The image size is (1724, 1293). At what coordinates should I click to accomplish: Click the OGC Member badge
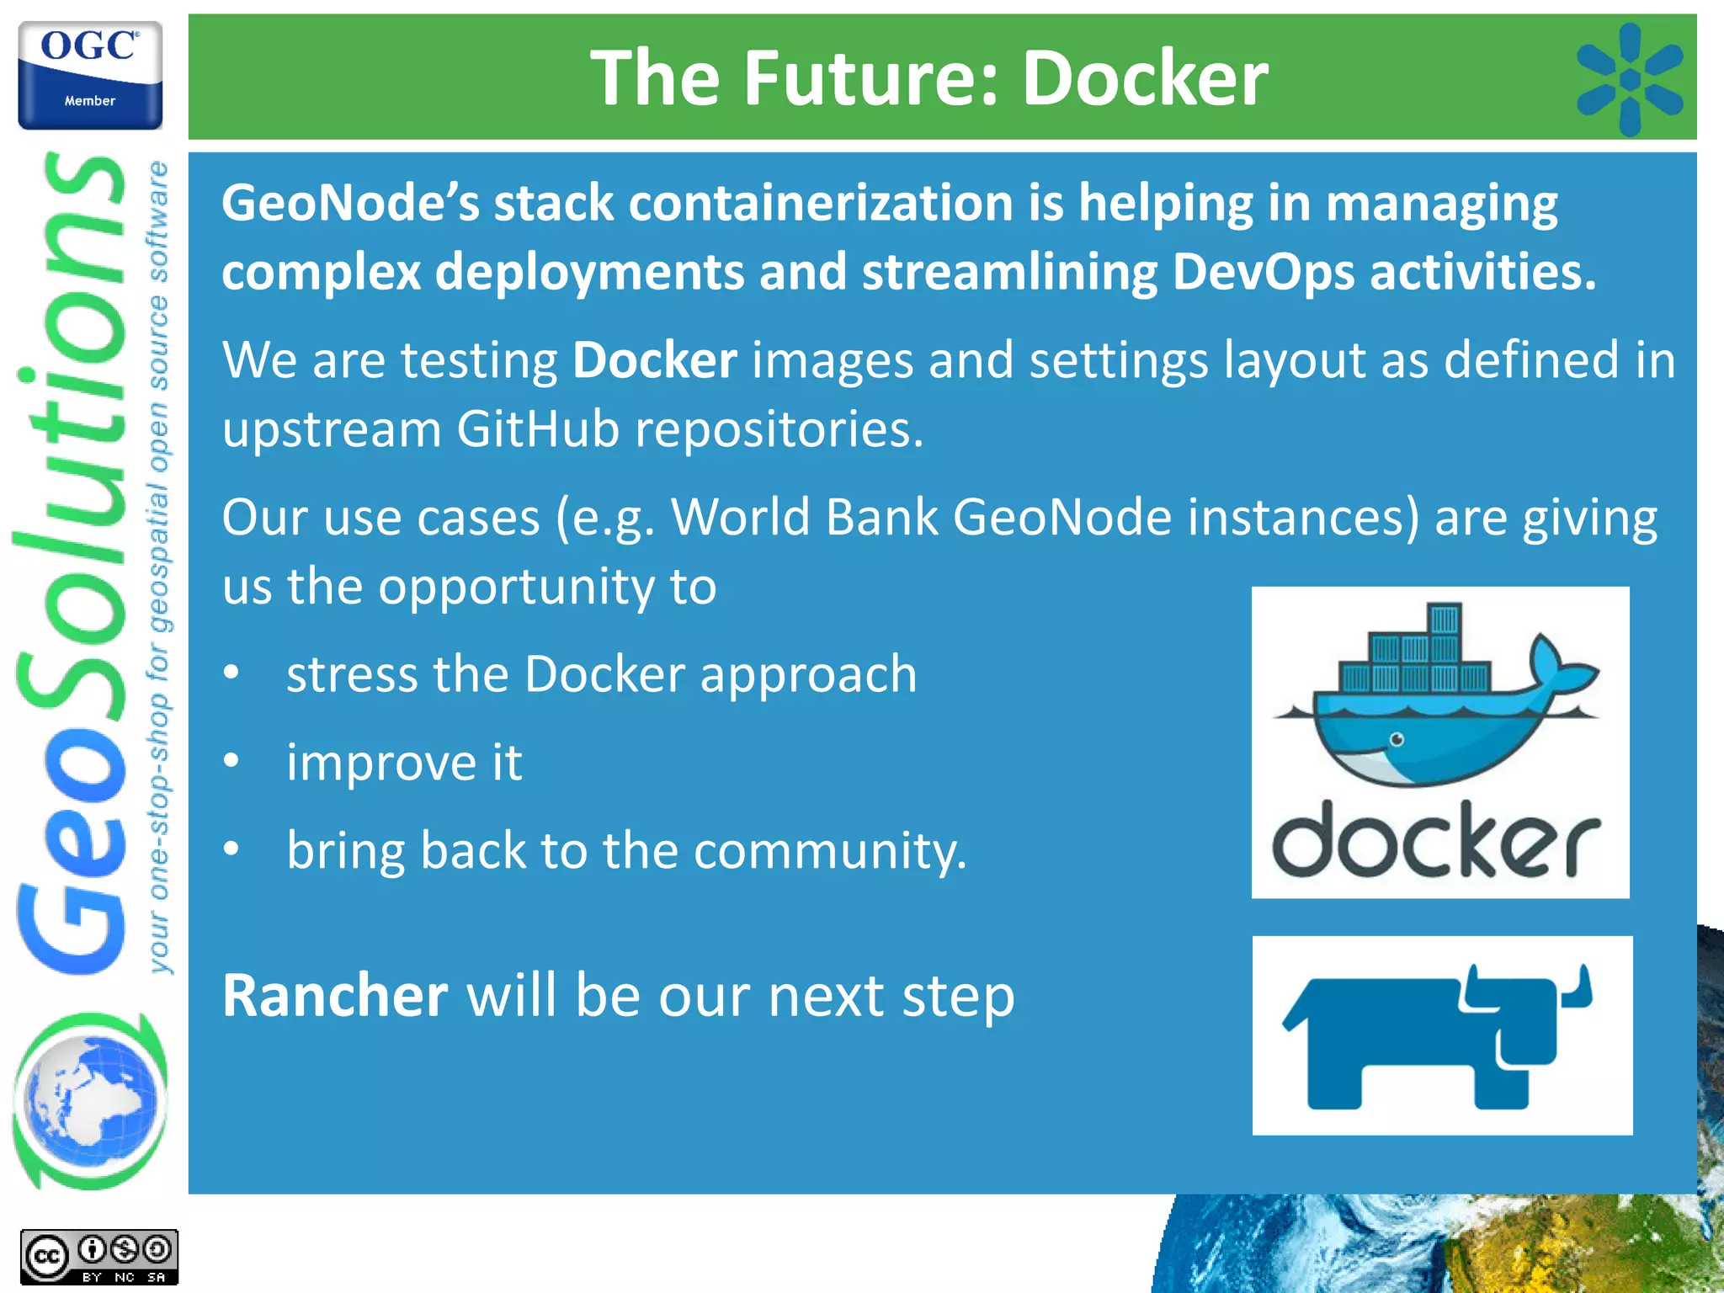[x=90, y=76]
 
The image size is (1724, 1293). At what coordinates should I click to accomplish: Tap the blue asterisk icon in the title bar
[x=1629, y=79]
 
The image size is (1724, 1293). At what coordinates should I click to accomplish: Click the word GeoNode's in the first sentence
[x=349, y=204]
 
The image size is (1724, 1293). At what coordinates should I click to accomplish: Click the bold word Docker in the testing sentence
[x=654, y=360]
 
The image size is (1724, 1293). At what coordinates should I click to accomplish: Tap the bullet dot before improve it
[x=231, y=761]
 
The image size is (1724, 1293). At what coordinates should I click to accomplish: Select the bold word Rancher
[x=334, y=996]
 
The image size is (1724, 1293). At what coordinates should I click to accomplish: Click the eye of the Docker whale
[x=1397, y=740]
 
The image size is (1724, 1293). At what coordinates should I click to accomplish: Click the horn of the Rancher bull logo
[x=1580, y=988]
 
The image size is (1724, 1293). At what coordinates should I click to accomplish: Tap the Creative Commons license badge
[x=99, y=1257]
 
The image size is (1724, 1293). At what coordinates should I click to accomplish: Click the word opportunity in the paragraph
[x=515, y=587]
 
